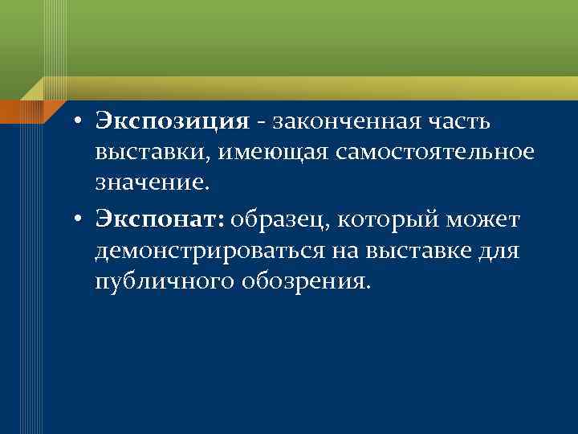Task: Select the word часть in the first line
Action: coord(466,121)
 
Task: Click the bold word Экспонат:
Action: coord(161,219)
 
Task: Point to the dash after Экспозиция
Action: coord(263,123)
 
